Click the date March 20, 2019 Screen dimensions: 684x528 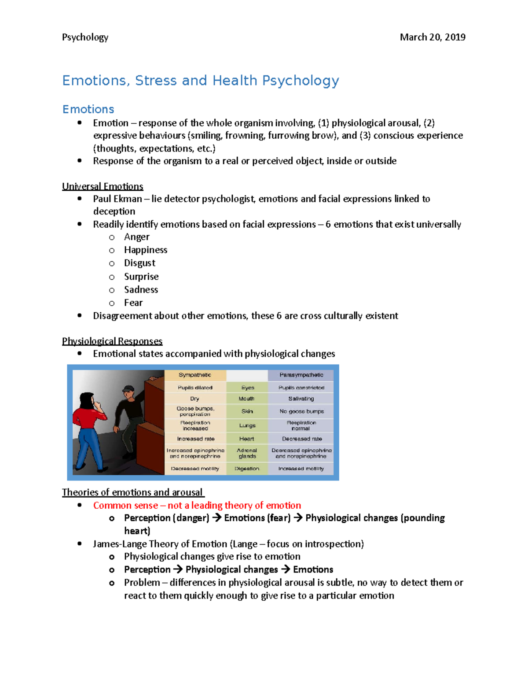point(432,37)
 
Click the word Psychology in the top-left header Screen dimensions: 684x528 point(85,37)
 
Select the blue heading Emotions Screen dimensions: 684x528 point(88,109)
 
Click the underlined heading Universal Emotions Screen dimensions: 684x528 point(103,186)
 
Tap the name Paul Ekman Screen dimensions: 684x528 point(117,199)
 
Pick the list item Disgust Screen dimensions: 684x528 point(139,263)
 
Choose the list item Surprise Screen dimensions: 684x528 point(141,277)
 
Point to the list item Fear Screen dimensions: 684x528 point(133,303)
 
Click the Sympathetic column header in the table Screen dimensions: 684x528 point(195,375)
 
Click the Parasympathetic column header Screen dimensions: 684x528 point(301,375)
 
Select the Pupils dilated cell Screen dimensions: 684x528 point(195,388)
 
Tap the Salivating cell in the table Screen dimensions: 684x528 point(301,399)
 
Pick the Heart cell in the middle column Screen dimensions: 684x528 point(247,439)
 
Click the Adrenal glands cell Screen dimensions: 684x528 point(247,453)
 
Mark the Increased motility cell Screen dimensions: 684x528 point(301,469)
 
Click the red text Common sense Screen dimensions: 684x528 point(125,506)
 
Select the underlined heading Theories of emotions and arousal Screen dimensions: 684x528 point(132,492)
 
